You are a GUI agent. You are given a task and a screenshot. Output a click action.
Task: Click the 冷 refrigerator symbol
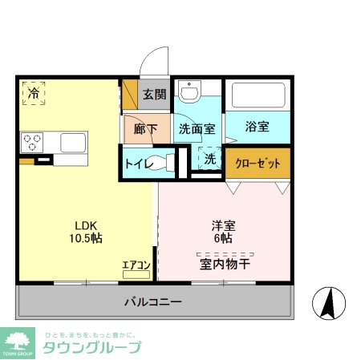[34, 94]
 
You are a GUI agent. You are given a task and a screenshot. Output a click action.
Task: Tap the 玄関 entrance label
[154, 94]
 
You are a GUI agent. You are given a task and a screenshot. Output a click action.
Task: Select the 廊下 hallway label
[145, 128]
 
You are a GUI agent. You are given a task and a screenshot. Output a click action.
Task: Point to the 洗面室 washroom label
[196, 128]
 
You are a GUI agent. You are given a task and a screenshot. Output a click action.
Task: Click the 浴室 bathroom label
[258, 127]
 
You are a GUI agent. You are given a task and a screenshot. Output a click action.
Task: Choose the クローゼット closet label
[258, 164]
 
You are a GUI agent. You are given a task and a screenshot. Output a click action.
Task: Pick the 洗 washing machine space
[209, 160]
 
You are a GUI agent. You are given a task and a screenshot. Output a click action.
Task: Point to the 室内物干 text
[225, 261]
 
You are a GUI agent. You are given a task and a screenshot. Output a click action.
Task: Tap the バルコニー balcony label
[152, 302]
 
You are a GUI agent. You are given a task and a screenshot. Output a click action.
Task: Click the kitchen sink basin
[74, 143]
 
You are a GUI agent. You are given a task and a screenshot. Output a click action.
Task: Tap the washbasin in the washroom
[189, 94]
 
